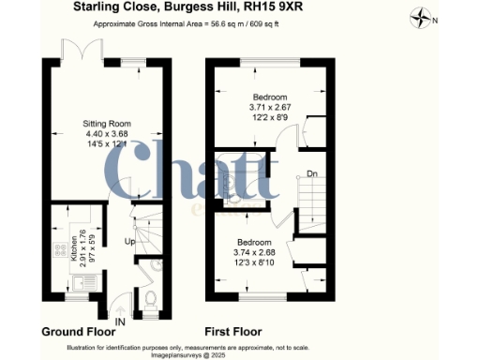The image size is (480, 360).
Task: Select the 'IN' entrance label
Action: [119, 322]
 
